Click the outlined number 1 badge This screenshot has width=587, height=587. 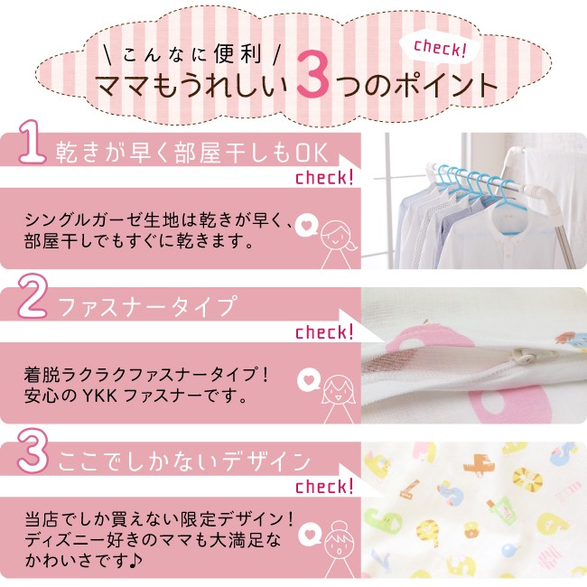33,143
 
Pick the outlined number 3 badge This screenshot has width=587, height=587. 33,452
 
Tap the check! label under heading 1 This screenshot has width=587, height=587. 324,177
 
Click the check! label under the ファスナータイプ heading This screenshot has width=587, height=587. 324,331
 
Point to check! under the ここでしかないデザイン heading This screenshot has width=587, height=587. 324,486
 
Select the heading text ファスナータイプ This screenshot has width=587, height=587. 147,307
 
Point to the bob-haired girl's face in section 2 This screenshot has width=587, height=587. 338,391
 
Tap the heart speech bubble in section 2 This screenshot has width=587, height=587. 309,379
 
